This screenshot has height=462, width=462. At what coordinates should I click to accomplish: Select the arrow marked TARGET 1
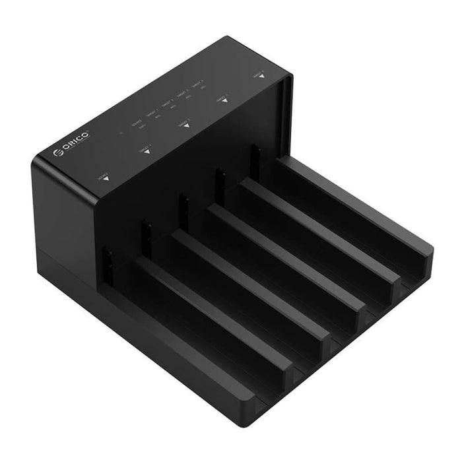[147, 151]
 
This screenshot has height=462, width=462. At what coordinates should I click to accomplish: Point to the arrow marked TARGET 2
[187, 125]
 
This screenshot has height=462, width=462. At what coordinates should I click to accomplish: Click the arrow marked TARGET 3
[224, 100]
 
